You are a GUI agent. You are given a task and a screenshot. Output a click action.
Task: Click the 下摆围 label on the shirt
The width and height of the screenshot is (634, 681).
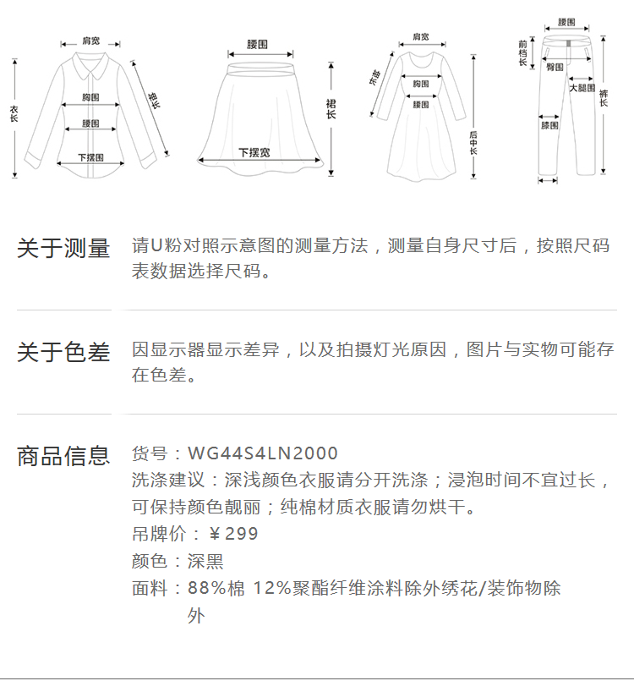pos(90,157)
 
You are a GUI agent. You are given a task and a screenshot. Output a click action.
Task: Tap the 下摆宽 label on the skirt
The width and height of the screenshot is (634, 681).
pos(254,152)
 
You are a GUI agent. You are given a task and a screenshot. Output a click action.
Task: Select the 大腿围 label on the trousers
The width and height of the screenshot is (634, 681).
pos(582,88)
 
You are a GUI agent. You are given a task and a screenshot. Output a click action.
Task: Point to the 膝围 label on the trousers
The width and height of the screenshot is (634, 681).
pos(549,125)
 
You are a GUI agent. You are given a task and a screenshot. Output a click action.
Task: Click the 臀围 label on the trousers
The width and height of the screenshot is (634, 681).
pos(555,67)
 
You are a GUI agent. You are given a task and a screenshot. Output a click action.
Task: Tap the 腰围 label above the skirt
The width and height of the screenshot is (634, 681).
pos(258,43)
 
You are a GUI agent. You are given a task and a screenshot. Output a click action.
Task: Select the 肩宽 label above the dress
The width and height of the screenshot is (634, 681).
pos(420,37)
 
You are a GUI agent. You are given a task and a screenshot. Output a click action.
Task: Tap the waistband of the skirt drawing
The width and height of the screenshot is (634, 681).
pos(259,58)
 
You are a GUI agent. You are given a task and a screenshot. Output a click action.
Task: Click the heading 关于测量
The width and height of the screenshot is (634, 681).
pos(63,249)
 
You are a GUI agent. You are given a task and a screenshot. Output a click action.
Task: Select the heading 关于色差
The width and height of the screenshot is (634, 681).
pos(63,352)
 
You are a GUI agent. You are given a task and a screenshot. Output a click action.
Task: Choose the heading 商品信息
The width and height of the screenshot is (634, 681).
pos(63,456)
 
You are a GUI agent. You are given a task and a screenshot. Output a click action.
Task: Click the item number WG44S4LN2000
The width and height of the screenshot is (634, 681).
pos(262,453)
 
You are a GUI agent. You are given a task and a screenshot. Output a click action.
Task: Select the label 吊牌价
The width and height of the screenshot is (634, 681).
pos(155,534)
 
